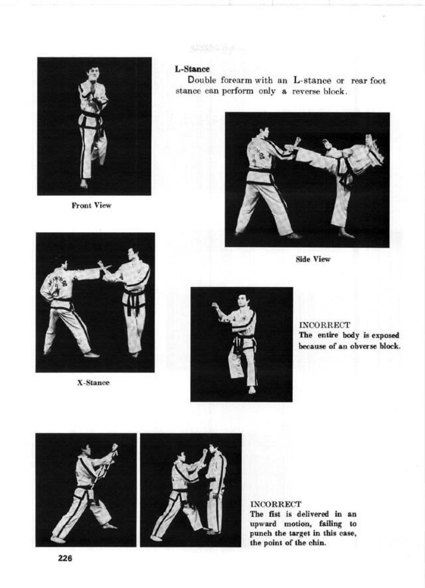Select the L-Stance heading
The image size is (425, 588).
pos(193,69)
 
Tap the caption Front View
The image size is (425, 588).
pos(92,205)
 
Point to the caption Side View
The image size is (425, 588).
pos(313,259)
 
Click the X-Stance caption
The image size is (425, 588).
pos(93,383)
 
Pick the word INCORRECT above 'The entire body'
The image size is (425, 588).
pos(325,325)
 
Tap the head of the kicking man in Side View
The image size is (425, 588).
pos(370,141)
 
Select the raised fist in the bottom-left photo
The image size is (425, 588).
pos(114,446)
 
